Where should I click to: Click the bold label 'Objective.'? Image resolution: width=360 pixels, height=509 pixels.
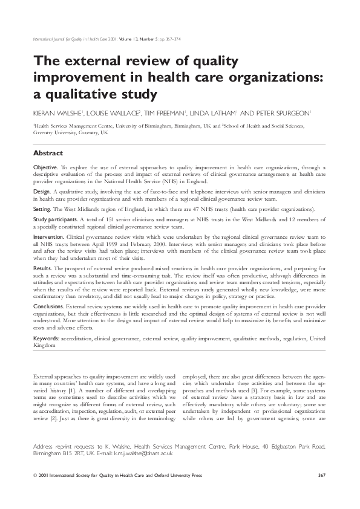[x=45, y=166]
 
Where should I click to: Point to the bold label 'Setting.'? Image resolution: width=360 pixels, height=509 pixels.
[x=42, y=206]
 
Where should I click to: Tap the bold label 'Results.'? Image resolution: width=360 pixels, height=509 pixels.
[x=42, y=267]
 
